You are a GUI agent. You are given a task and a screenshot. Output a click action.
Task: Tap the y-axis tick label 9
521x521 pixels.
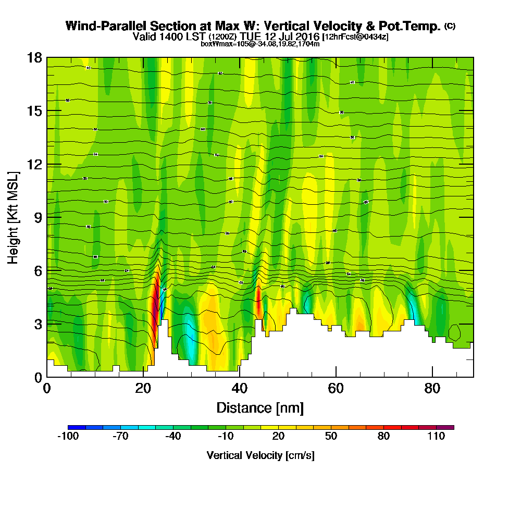[x=37, y=217]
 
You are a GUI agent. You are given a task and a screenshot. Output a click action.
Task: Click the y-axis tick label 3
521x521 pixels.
[x=37, y=324]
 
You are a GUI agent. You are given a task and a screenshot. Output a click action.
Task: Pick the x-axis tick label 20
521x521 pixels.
[x=143, y=388]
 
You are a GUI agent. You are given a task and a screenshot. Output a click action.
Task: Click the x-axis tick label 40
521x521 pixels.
[x=240, y=388]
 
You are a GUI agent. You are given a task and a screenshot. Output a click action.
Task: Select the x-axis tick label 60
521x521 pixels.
[x=336, y=388]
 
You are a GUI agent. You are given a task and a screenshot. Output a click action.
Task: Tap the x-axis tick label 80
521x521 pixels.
[x=433, y=388]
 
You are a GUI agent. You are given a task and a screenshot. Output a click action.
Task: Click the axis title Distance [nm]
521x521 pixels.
[x=259, y=407]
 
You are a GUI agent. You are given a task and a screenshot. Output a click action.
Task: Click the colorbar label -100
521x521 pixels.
[x=68, y=436]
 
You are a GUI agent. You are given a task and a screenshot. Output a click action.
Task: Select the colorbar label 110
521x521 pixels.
[x=436, y=436]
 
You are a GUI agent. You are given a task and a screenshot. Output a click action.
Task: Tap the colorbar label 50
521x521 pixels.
[x=331, y=436]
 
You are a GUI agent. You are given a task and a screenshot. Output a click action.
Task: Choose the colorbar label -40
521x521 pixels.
[x=173, y=436]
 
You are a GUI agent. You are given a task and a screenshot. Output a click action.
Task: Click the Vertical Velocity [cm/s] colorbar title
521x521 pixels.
[x=260, y=455]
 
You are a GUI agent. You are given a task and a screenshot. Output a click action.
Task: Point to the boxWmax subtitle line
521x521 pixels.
[x=260, y=44]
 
